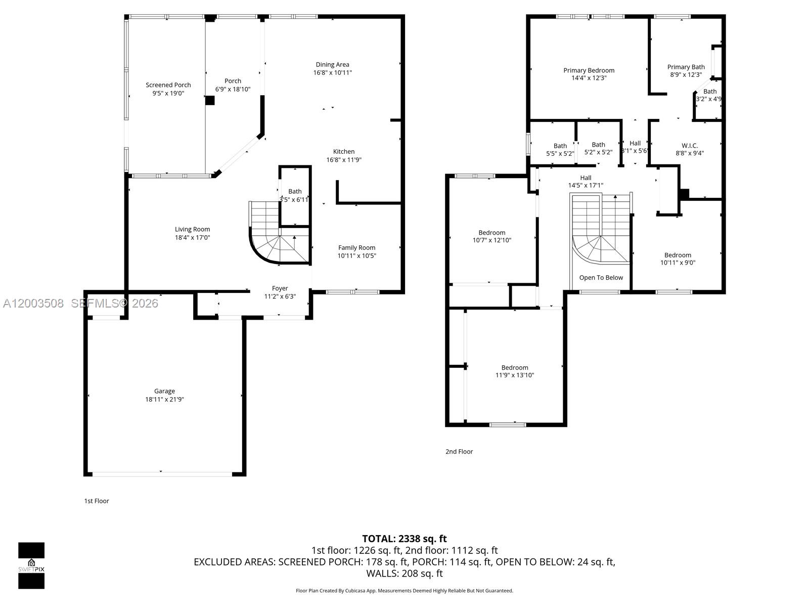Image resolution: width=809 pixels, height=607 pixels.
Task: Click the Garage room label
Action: click(164, 391)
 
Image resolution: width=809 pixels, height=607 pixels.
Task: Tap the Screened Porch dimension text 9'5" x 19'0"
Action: click(168, 93)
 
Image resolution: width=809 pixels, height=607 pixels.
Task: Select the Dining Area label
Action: click(332, 64)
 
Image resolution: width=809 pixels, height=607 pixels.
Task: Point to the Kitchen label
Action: click(344, 152)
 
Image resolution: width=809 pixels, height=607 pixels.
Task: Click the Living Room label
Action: click(192, 229)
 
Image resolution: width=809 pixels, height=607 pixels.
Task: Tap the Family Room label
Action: click(356, 247)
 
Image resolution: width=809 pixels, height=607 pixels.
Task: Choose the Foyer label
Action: click(280, 288)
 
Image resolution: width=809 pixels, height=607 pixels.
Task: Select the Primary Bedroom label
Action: click(589, 70)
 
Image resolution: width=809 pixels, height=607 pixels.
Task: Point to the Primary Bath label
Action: click(686, 67)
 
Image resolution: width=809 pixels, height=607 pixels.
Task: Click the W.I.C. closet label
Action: click(689, 145)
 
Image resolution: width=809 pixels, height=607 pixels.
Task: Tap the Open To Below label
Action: click(601, 278)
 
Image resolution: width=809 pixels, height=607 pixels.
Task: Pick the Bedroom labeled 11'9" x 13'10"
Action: click(514, 371)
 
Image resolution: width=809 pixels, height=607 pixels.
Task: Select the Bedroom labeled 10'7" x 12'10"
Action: click(491, 236)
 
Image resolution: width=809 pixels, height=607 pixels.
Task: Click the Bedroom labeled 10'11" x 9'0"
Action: click(678, 258)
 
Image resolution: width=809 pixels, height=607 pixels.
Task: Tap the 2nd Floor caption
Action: click(459, 452)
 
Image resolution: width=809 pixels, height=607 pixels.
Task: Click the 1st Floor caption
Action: click(96, 501)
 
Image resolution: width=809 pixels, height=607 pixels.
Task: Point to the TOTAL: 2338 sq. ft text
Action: click(404, 539)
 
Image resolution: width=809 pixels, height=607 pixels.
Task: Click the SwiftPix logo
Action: click(31, 566)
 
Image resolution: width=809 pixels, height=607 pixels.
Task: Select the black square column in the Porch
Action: click(209, 100)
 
